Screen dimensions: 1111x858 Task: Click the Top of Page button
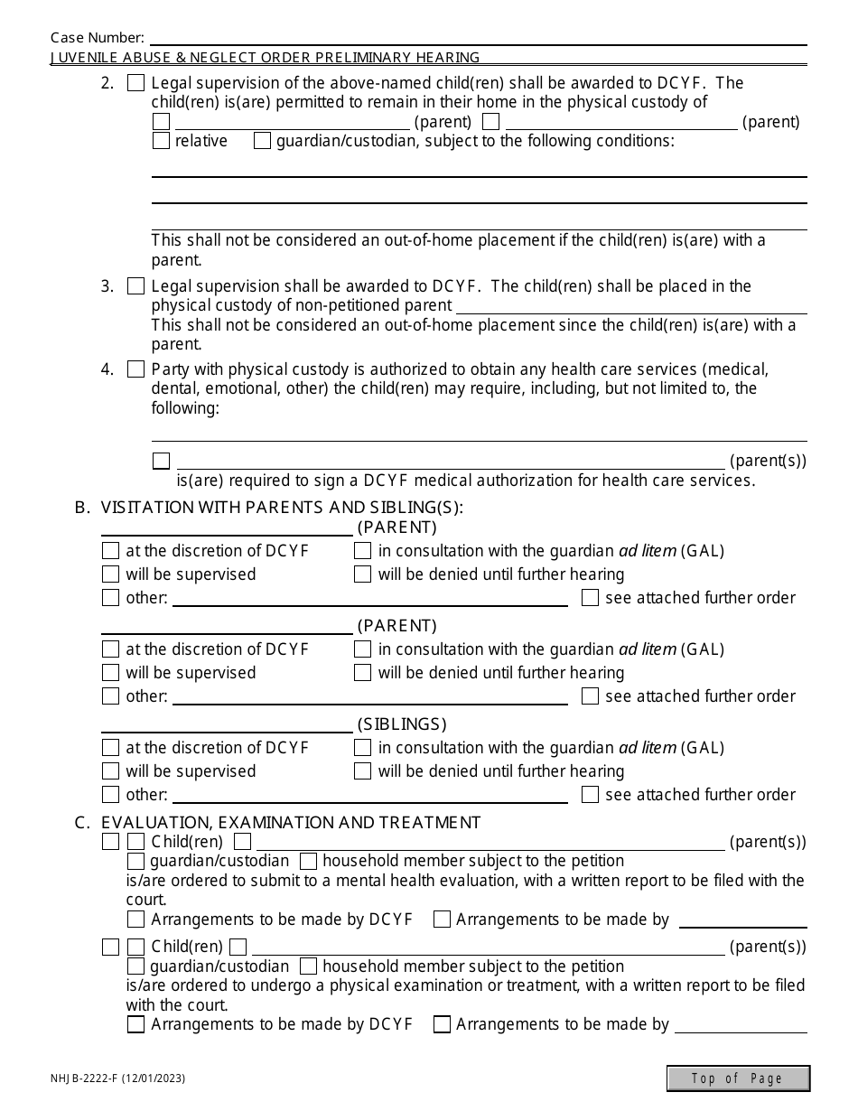click(738, 1078)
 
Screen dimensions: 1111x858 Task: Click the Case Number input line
click(479, 38)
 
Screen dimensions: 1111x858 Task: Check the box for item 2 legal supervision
click(135, 83)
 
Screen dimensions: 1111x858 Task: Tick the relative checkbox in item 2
click(161, 141)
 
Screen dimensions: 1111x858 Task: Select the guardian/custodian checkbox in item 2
click(262, 141)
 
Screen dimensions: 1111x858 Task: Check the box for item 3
click(135, 286)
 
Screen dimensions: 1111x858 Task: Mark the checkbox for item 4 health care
click(135, 369)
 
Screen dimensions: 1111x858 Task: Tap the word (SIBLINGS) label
click(402, 724)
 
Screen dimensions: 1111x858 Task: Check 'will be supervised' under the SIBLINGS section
click(110, 771)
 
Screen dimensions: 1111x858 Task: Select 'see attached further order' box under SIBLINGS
click(590, 795)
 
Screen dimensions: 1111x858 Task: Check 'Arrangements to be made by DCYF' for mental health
click(135, 920)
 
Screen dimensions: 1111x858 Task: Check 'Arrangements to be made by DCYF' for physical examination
click(135, 1024)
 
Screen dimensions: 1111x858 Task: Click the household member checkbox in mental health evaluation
click(307, 862)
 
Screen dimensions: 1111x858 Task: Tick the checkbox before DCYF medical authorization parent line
click(161, 461)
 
